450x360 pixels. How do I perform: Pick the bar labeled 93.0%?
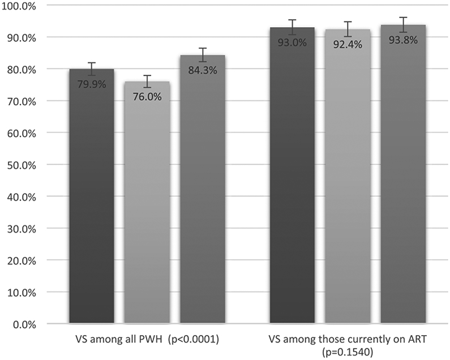[292, 181]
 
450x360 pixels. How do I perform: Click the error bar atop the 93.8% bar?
[403, 25]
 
